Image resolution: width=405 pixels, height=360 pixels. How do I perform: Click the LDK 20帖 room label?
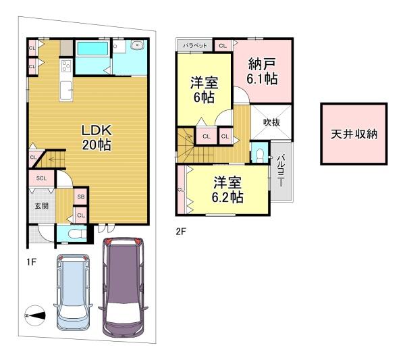(97, 138)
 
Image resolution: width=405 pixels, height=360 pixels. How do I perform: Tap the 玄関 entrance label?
(42, 206)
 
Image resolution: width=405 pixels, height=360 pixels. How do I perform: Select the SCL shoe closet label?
(41, 178)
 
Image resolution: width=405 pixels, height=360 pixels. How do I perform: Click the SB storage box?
(81, 197)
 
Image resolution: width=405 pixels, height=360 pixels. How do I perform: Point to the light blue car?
(73, 292)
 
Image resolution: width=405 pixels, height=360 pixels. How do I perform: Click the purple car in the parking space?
(124, 287)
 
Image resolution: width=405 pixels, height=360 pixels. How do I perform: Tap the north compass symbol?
(34, 315)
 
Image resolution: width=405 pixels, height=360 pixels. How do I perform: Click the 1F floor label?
(31, 262)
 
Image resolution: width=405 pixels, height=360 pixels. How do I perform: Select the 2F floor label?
(181, 231)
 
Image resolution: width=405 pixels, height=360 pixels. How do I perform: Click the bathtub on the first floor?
(92, 49)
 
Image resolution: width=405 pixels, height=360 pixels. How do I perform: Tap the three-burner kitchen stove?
(66, 66)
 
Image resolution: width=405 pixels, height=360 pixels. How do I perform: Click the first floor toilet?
(76, 234)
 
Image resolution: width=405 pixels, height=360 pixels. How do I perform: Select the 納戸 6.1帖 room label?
(262, 72)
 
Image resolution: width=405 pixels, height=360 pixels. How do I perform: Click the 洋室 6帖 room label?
(204, 90)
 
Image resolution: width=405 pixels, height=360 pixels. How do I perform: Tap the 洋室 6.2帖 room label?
(227, 190)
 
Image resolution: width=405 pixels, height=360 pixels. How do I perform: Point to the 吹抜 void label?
(271, 122)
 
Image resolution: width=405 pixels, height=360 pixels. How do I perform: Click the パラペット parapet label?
(195, 46)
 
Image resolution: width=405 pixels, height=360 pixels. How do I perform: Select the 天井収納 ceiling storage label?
(354, 134)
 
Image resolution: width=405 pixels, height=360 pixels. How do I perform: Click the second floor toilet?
(259, 155)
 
